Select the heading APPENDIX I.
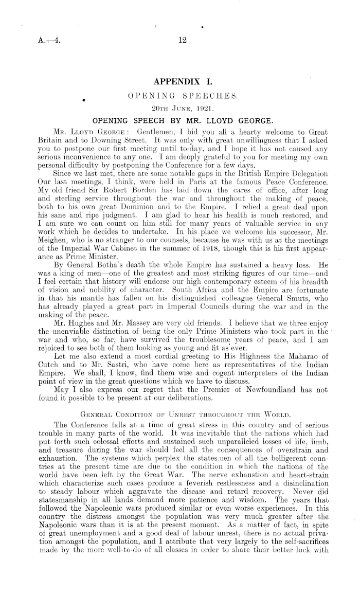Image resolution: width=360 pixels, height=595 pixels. (x=179, y=82)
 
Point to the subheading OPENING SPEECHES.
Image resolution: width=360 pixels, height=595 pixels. (x=180, y=96)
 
